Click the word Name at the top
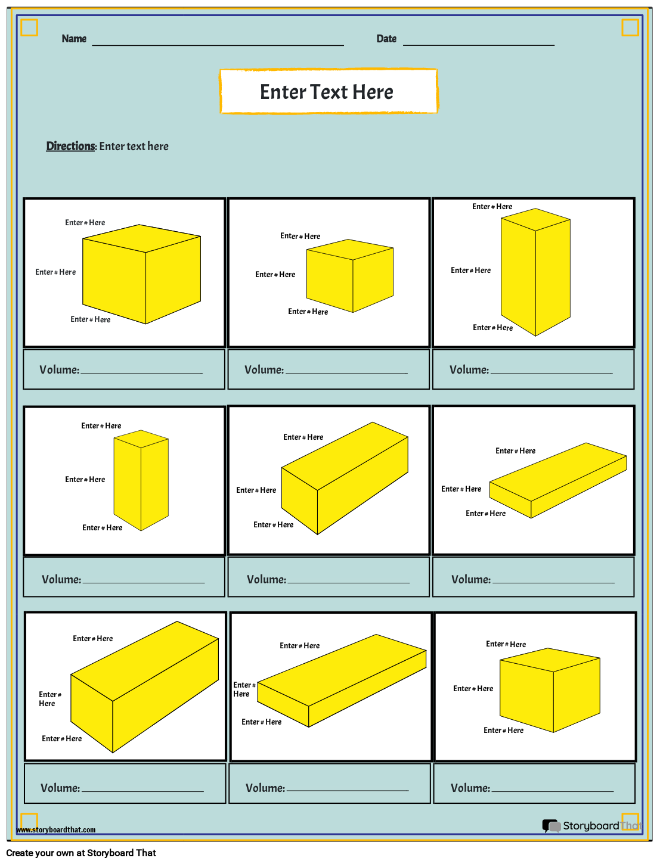pos(74,39)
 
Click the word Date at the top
pos(386,39)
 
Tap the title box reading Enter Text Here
pos(329,91)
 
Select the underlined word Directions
pos(71,146)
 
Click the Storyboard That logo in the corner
pos(591,825)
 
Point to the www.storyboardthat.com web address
pos(56,830)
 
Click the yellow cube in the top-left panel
pos(141,274)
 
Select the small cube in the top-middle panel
pos(350,275)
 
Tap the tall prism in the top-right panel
pos(535,272)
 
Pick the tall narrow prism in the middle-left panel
pos(141,480)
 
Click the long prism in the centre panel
pos(345,478)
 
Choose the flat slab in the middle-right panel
pos(558,480)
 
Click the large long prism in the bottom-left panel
pos(144,687)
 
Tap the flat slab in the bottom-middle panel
pos(342,680)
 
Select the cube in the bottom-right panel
pos(550,690)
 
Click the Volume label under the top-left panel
pos(60,369)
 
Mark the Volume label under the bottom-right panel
pos(470,788)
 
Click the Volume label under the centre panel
pos(267,579)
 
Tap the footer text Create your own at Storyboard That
pos(81,853)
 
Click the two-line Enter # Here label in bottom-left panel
pos(50,699)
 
